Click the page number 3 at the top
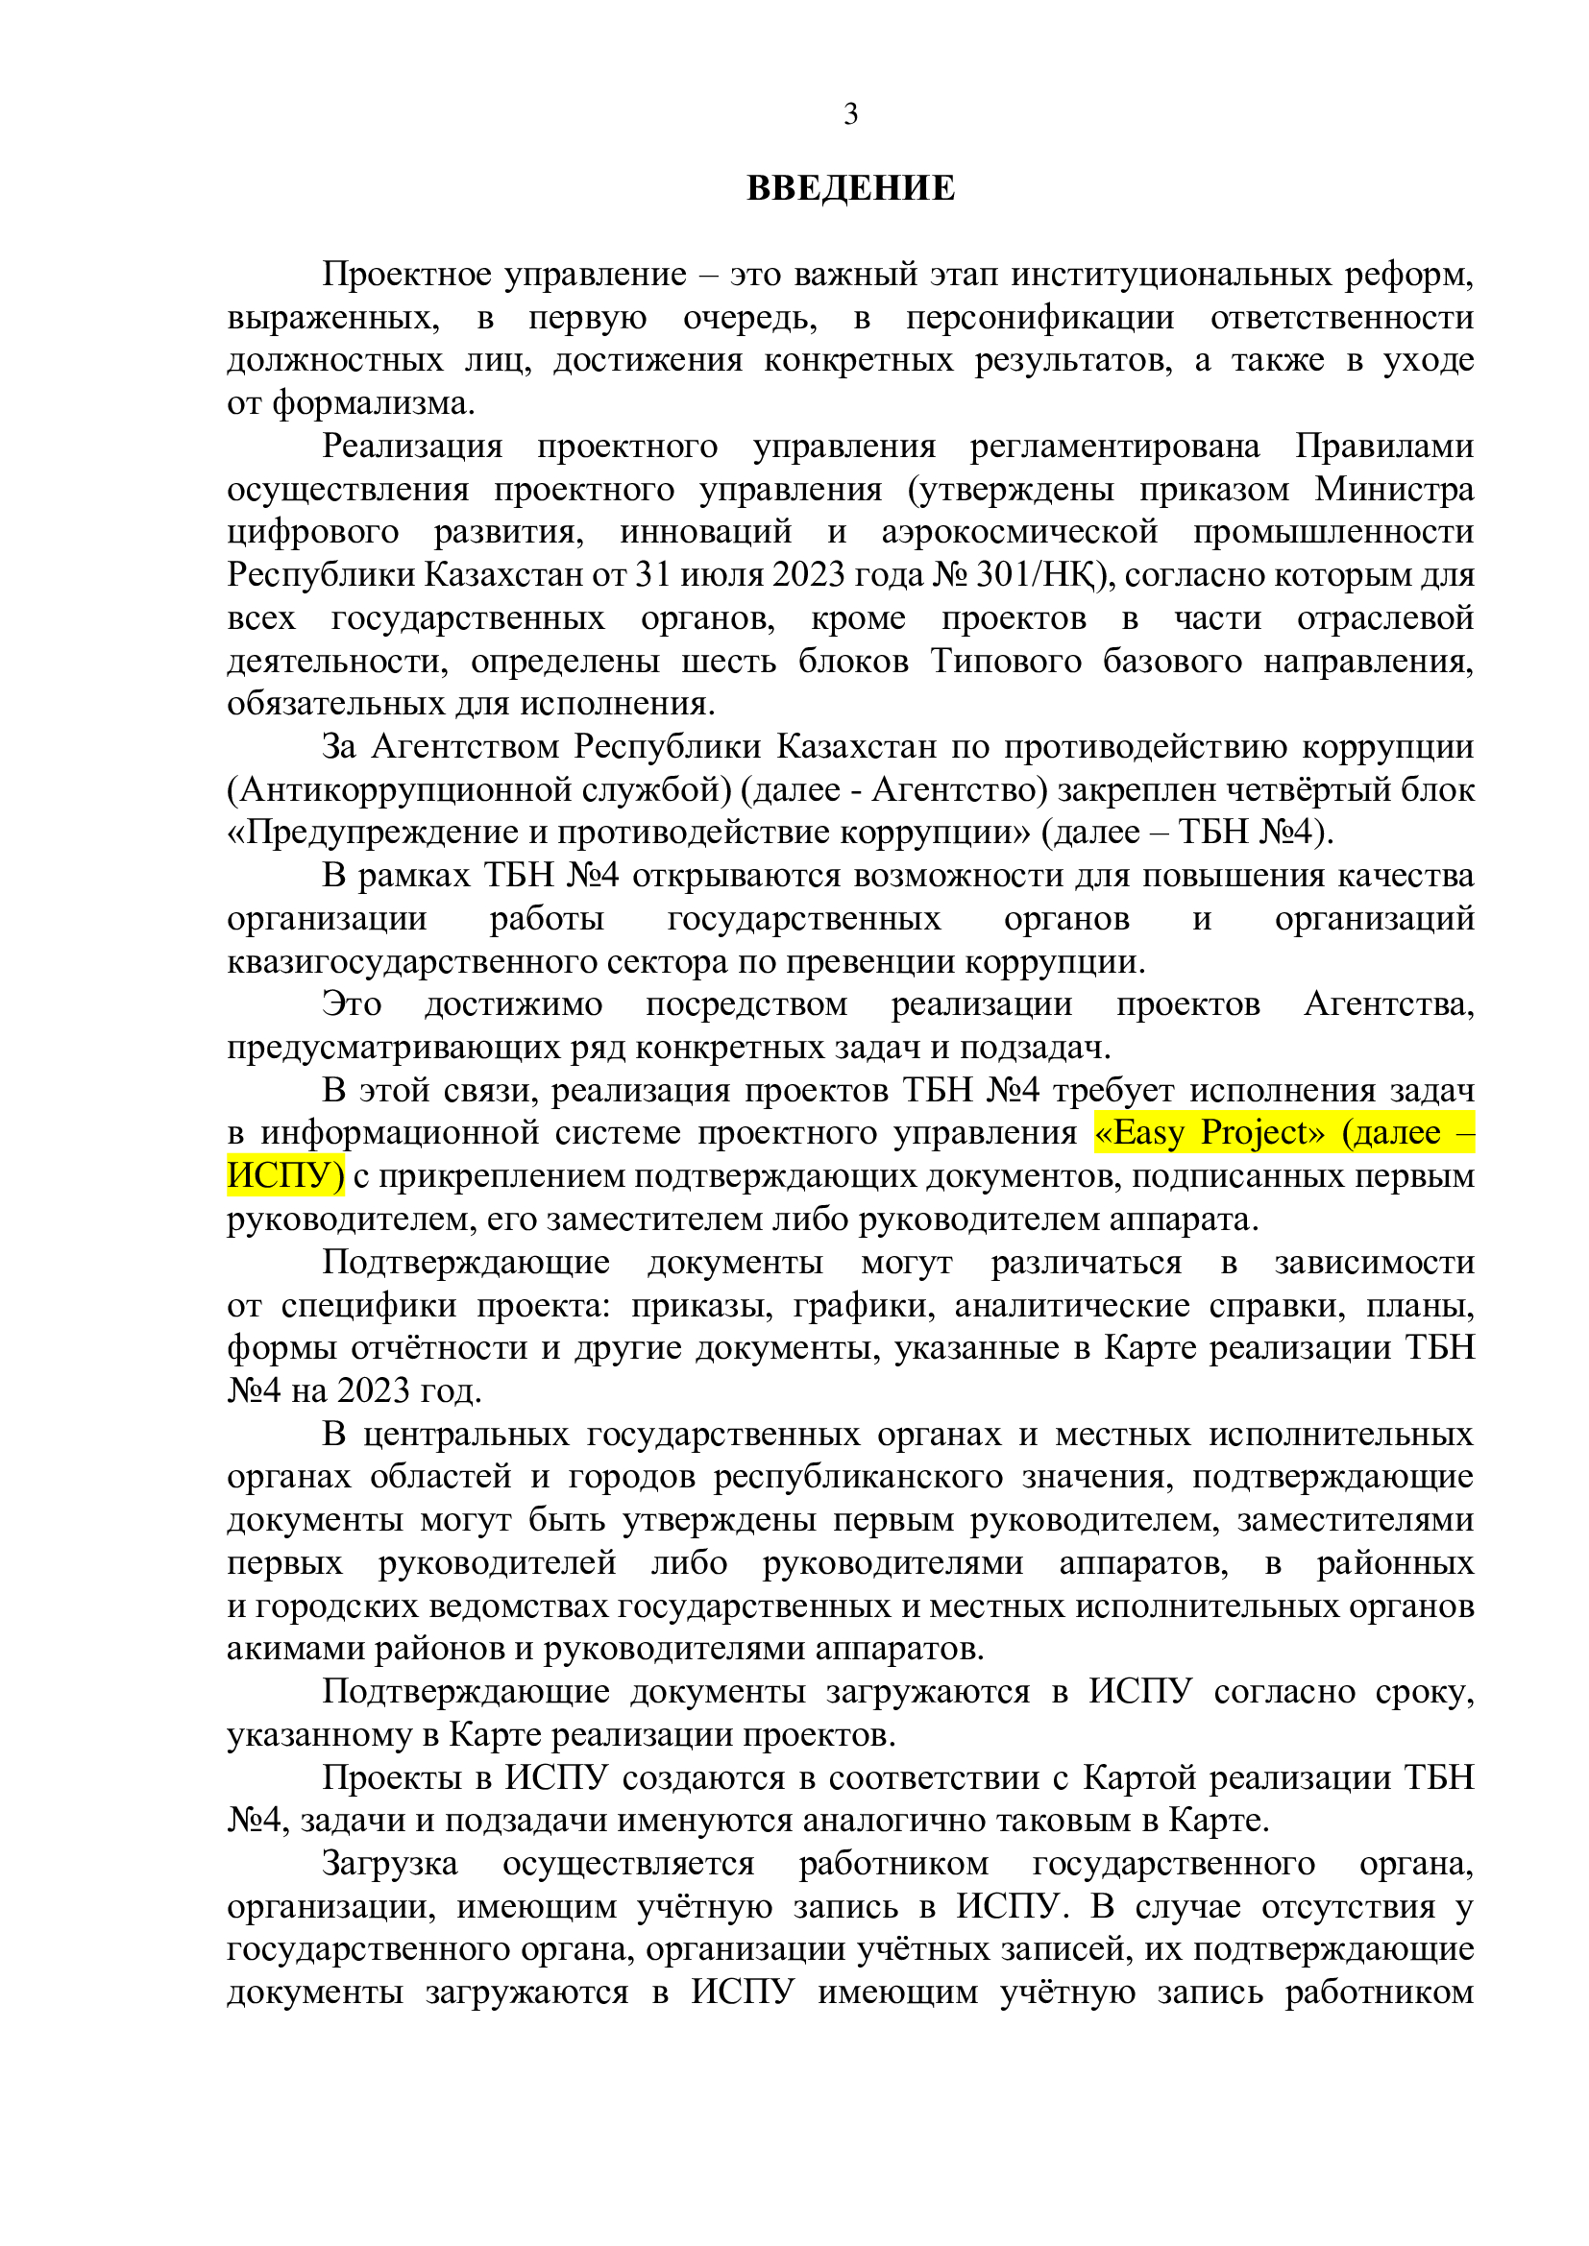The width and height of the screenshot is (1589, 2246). tap(850, 114)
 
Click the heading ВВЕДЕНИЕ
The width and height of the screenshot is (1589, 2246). tap(850, 188)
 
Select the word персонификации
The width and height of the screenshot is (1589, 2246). tap(1040, 318)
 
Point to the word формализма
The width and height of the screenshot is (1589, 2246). tap(373, 403)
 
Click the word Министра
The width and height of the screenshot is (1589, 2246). tap(1394, 489)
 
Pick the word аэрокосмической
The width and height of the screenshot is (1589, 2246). tap(1019, 532)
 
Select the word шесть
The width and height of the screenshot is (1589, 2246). tap(728, 662)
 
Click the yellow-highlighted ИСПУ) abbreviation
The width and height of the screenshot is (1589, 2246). tap(284, 1176)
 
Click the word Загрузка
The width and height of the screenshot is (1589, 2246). tap(389, 1865)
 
